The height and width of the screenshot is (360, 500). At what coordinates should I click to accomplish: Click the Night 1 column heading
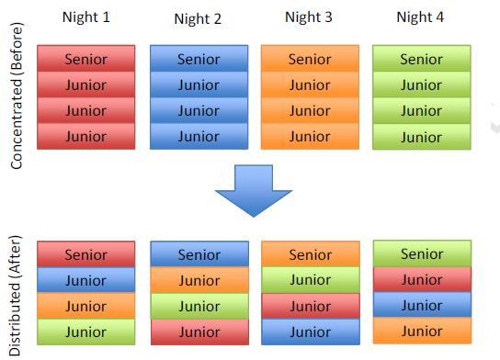(86, 17)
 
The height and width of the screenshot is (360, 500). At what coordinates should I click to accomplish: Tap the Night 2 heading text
(198, 18)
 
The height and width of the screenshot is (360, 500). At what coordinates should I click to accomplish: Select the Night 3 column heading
(309, 17)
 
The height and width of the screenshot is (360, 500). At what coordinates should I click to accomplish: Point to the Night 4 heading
(420, 17)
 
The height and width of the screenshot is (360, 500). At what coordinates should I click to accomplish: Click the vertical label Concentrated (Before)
(17, 96)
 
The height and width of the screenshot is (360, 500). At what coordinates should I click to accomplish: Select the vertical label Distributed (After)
(15, 296)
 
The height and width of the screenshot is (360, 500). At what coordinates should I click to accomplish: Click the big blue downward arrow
(254, 191)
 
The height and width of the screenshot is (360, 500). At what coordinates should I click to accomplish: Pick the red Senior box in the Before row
(86, 58)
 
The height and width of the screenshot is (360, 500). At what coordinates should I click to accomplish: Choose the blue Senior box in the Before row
(199, 58)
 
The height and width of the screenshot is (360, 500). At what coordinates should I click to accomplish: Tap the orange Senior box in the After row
(311, 253)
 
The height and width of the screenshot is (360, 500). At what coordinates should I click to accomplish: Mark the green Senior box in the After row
(422, 253)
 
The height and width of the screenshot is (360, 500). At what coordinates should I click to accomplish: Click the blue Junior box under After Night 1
(86, 280)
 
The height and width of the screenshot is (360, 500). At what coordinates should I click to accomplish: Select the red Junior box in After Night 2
(200, 332)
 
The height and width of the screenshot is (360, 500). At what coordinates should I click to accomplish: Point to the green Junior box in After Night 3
(311, 280)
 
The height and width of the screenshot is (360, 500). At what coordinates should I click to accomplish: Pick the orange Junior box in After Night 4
(422, 331)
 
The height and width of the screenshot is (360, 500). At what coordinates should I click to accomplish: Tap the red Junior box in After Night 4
(422, 279)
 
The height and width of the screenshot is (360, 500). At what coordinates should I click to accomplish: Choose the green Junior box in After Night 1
(86, 332)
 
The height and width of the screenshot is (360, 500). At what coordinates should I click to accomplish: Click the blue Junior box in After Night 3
(311, 332)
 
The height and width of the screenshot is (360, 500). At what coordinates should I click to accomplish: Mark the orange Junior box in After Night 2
(199, 280)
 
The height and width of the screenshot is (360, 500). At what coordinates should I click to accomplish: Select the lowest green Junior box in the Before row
(422, 137)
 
